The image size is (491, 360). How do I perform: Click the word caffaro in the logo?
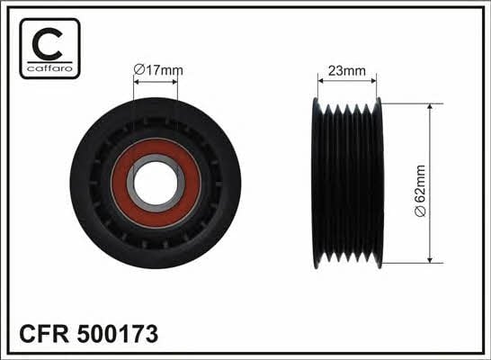coord(49,68)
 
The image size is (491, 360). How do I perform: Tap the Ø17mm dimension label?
coord(158,70)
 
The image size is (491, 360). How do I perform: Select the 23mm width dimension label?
coord(346,71)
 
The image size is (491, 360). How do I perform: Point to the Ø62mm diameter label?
coord(420,191)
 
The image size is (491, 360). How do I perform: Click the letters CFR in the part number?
coord(44,334)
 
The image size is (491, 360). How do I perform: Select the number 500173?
coord(118,334)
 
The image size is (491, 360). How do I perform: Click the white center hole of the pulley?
coord(156,183)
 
